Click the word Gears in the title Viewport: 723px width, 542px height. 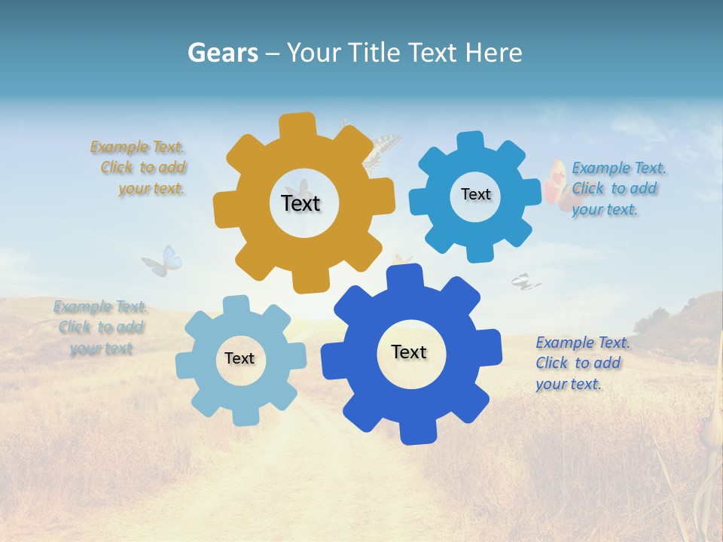(222, 53)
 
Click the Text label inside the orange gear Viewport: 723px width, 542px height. (300, 203)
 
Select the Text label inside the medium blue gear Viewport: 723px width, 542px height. (475, 194)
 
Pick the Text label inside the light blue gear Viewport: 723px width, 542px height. (239, 358)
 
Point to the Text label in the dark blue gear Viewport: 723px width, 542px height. (409, 352)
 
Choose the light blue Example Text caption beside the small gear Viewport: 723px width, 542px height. (100, 327)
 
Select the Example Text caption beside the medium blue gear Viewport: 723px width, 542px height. (618, 188)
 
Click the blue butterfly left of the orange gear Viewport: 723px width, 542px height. (163, 262)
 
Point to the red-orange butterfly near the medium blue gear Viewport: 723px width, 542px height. (556, 181)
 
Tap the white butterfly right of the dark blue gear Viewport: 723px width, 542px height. (525, 282)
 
